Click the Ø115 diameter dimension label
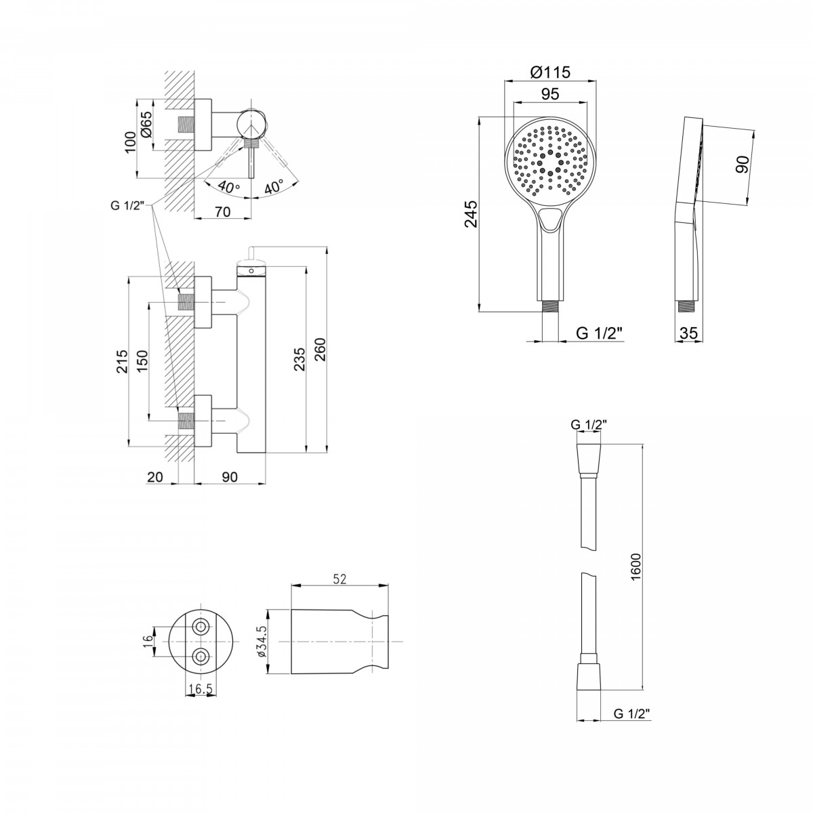pyautogui.click(x=550, y=72)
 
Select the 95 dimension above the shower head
pyautogui.click(x=550, y=93)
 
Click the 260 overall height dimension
pyautogui.click(x=320, y=350)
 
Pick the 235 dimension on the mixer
pyautogui.click(x=299, y=359)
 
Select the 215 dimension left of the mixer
pyautogui.click(x=122, y=361)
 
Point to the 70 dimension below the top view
pyautogui.click(x=222, y=211)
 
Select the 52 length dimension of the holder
pyautogui.click(x=339, y=579)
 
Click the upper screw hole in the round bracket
pyautogui.click(x=200, y=627)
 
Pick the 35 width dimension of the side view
pyautogui.click(x=688, y=333)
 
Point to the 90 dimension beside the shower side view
pyautogui.click(x=742, y=164)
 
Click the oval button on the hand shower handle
pyautogui.click(x=550, y=220)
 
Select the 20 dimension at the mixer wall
pyautogui.click(x=155, y=477)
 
